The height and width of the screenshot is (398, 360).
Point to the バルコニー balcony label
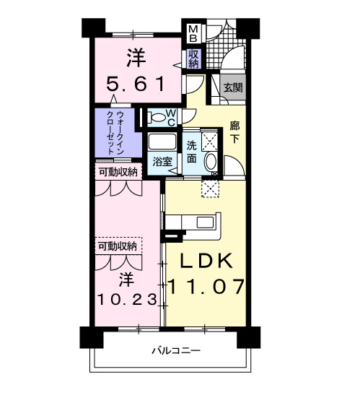(x=175, y=351)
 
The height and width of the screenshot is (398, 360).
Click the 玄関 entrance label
(x=232, y=87)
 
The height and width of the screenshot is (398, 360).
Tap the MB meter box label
(x=193, y=33)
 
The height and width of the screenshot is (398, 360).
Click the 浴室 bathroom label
(x=162, y=162)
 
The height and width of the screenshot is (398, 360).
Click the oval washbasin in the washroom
(x=211, y=162)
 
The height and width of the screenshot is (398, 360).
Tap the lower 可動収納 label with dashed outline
(x=118, y=247)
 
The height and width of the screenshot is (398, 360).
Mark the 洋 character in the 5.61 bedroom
(x=135, y=55)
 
